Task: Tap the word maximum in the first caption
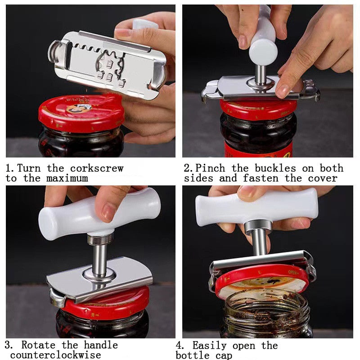coord(65,178)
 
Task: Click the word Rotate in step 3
coord(39,345)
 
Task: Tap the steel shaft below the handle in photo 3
coord(100,261)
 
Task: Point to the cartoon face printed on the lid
coord(79,108)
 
